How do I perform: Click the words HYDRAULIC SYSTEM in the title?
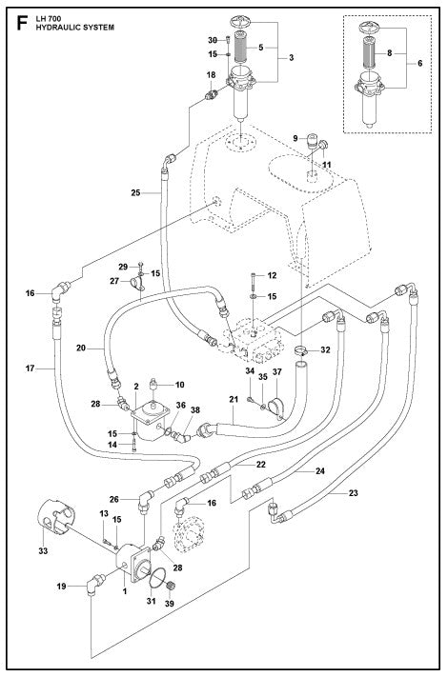coord(73,29)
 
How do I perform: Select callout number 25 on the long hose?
coord(137,193)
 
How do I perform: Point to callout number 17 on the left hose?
coord(30,368)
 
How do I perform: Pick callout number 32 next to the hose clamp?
coord(325,350)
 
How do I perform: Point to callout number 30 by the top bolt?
coord(213,40)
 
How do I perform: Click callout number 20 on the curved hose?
coord(82,348)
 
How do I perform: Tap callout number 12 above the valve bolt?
coord(272,276)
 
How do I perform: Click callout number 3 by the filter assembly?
coord(292,58)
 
